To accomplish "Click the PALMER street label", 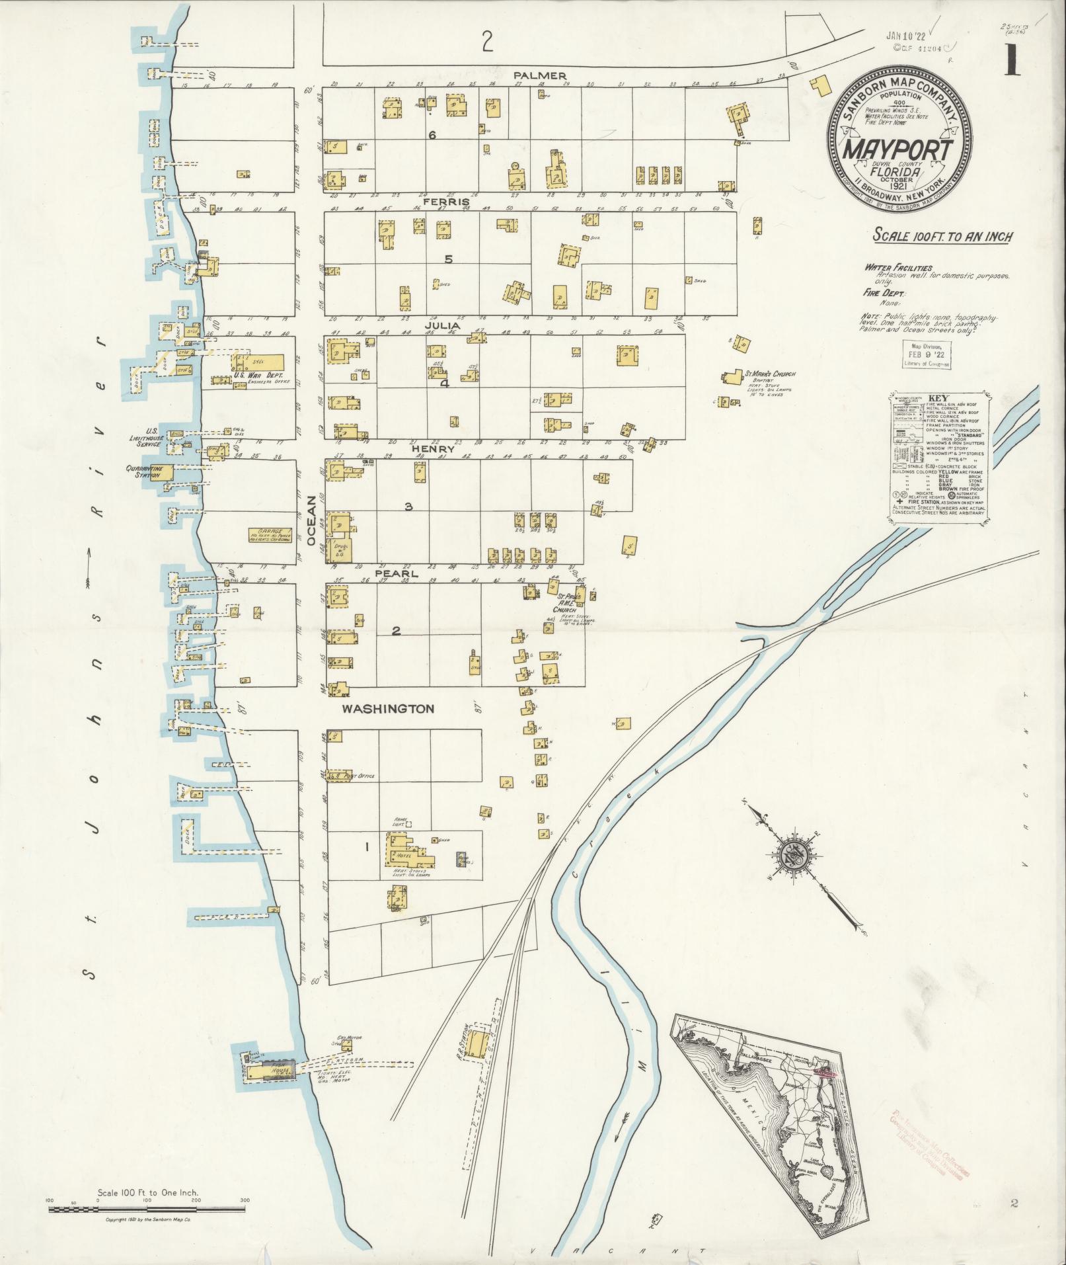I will pos(540,75).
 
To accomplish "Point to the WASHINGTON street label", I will pos(387,709).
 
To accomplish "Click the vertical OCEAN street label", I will pos(311,522).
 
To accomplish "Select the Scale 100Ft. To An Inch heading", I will pos(943,236).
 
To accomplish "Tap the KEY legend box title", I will pos(938,399).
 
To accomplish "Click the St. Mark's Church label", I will pos(770,374).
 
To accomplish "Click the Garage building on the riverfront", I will pos(270,535).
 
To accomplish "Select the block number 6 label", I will pos(432,135).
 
